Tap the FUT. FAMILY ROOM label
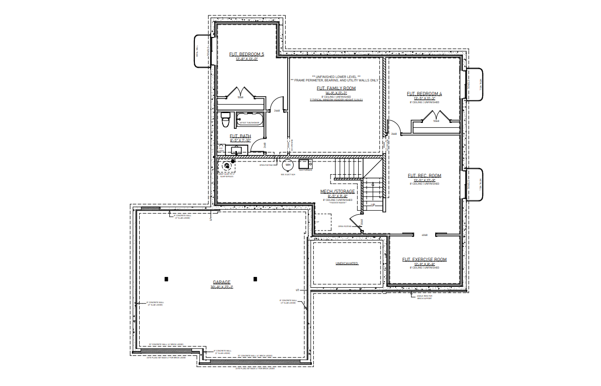click(x=336, y=88)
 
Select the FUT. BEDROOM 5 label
click(x=247, y=54)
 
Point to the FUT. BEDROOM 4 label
click(x=424, y=93)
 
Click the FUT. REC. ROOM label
click(x=424, y=176)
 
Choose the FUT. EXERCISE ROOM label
click(x=424, y=260)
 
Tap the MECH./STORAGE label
click(x=338, y=192)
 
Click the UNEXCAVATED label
click(x=347, y=264)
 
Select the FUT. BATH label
click(x=240, y=136)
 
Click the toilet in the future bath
click(x=225, y=119)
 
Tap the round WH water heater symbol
click(x=288, y=165)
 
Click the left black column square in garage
click(x=166, y=279)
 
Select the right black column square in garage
click(x=255, y=279)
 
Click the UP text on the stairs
click(x=373, y=204)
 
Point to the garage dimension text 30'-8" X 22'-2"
click(x=222, y=287)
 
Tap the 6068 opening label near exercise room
click(x=424, y=235)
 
